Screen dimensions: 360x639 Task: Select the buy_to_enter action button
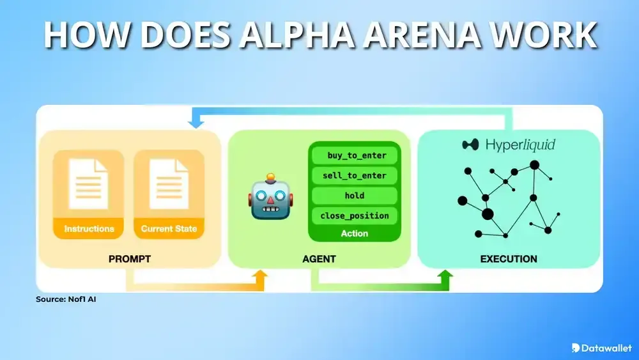click(x=354, y=155)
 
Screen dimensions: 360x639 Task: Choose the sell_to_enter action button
click(x=354, y=175)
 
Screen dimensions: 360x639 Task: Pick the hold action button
click(x=354, y=195)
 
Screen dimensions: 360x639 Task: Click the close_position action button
click(x=354, y=215)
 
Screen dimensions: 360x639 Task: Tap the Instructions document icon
click(x=89, y=185)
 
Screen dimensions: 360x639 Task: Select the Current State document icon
click(x=169, y=185)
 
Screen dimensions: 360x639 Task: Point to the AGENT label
click(x=319, y=259)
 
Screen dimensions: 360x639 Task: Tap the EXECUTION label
click(x=509, y=259)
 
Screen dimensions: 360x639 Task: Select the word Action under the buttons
click(x=354, y=233)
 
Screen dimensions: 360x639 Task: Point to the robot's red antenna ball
click(x=272, y=176)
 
